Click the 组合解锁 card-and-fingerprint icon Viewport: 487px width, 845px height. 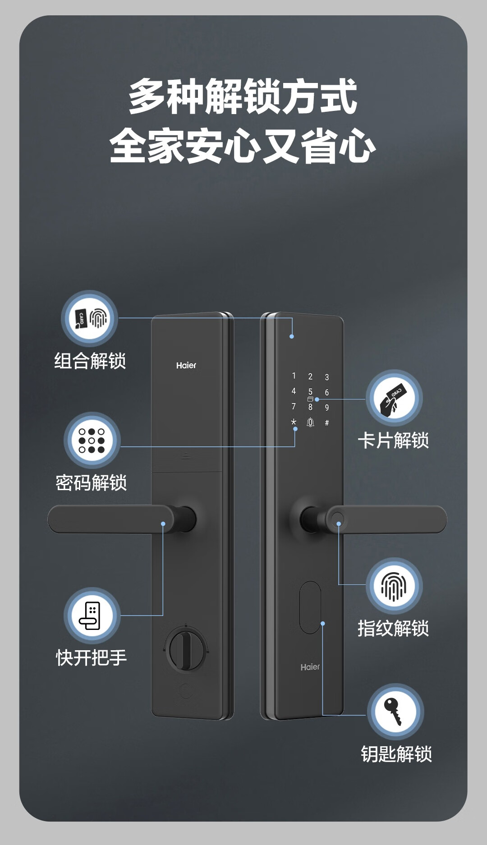pyautogui.click(x=90, y=318)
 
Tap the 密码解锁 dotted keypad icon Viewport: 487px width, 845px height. pyautogui.click(x=92, y=440)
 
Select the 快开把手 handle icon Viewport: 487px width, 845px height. pyautogui.click(x=92, y=615)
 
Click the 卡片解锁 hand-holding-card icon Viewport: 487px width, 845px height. pyautogui.click(x=394, y=398)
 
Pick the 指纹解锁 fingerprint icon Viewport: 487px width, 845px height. pyautogui.click(x=394, y=586)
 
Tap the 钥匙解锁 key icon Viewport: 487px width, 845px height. pyautogui.click(x=395, y=711)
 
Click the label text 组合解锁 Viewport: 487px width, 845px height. pyautogui.click(x=90, y=361)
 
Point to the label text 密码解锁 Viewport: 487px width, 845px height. pyautogui.click(x=91, y=482)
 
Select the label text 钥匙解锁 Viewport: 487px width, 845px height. pyautogui.click(x=396, y=754)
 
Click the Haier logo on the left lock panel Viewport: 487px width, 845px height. pyautogui.click(x=186, y=365)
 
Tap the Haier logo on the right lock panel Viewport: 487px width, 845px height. pyautogui.click(x=310, y=667)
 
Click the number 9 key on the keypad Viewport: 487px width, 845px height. pyautogui.click(x=327, y=408)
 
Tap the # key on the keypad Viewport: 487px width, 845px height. pyautogui.click(x=327, y=423)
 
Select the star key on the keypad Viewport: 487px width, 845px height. pyautogui.click(x=294, y=422)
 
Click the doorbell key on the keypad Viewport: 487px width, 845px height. pyautogui.click(x=310, y=422)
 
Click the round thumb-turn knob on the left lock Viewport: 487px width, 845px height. pyautogui.click(x=185, y=651)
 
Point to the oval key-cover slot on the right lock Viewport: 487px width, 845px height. pyautogui.click(x=310, y=607)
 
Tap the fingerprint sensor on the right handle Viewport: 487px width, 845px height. pyautogui.click(x=338, y=519)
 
